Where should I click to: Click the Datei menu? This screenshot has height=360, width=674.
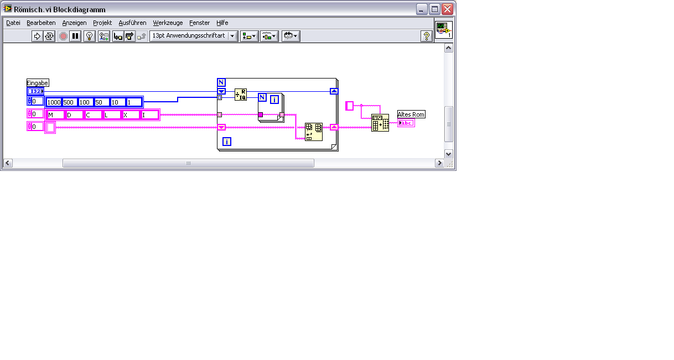13,23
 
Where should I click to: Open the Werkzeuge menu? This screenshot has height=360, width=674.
168,23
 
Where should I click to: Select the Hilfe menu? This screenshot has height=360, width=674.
222,23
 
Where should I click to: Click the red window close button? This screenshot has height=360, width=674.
448,9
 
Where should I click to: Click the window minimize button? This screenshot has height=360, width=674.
422,9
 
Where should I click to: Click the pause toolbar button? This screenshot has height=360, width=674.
75,36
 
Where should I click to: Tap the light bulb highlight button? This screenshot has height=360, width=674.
89,36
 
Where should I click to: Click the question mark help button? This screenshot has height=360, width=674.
426,36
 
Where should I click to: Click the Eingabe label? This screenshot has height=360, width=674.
38,83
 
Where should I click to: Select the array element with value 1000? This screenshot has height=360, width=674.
54,102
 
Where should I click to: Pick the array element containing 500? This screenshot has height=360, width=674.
70,102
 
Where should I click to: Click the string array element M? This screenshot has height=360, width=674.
55,115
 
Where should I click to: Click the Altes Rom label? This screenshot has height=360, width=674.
411,114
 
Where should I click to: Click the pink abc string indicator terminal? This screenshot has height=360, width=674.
406,123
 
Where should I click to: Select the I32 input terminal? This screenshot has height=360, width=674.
35,91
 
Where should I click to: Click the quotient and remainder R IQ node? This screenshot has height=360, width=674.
241,95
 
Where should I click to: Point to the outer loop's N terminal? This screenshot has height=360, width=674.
221,82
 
